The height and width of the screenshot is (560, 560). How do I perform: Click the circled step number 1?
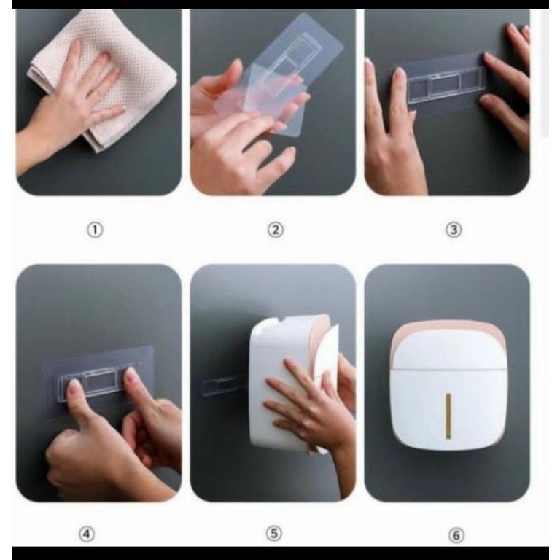click(x=95, y=230)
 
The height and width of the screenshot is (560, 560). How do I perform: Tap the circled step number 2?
click(x=276, y=230)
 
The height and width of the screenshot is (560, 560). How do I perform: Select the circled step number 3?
click(x=454, y=230)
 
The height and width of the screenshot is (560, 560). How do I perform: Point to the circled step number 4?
click(x=87, y=534)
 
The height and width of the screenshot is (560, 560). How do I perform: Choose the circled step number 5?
click(x=274, y=534)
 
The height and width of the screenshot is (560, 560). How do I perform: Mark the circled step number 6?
click(x=456, y=535)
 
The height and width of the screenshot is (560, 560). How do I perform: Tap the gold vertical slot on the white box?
click(x=448, y=416)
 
